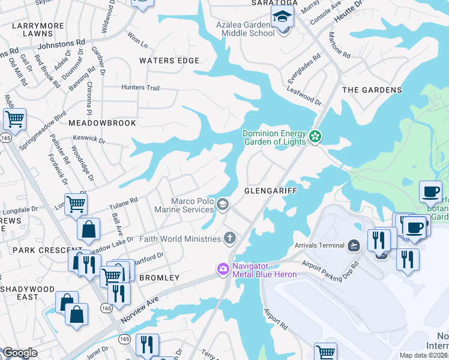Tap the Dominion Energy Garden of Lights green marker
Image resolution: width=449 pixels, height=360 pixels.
pyautogui.click(x=315, y=138)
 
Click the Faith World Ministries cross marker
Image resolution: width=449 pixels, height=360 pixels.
pyautogui.click(x=229, y=239)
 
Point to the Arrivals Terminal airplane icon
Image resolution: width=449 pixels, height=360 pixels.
pyautogui.click(x=354, y=245)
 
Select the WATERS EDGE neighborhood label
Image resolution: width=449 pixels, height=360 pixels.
pyautogui.click(x=169, y=61)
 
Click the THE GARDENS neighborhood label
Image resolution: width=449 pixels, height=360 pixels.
pyautogui.click(x=372, y=90)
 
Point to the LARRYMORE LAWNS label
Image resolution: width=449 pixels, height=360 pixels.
pyautogui.click(x=39, y=31)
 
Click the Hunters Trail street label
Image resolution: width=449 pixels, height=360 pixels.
pyautogui.click(x=140, y=88)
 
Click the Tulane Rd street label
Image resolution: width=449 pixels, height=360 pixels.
pyautogui.click(x=124, y=201)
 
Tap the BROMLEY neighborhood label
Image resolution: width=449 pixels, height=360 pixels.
pyautogui.click(x=159, y=278)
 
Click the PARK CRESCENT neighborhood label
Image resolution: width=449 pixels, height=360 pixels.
pyautogui.click(x=40, y=250)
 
